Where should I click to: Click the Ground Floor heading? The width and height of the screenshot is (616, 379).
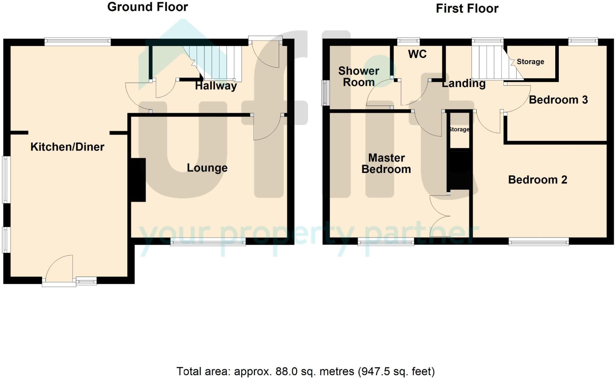(x=147, y=7)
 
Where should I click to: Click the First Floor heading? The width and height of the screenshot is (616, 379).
(x=467, y=8)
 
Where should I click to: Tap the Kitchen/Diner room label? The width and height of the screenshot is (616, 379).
(x=67, y=147)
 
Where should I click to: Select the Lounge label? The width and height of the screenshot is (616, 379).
(x=207, y=168)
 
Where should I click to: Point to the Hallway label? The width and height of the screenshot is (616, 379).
(x=216, y=86)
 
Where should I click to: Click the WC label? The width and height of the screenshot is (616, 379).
(x=417, y=54)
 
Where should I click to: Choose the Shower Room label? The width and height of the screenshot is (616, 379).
(x=359, y=76)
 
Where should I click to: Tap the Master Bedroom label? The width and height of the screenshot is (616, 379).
(x=386, y=163)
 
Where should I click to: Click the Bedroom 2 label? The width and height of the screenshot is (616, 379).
(x=537, y=180)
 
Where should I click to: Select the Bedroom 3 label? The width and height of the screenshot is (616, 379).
(x=558, y=100)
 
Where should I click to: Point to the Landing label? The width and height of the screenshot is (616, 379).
(x=464, y=84)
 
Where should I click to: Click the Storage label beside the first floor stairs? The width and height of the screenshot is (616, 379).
(x=530, y=62)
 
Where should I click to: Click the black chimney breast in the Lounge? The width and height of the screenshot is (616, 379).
(x=138, y=180)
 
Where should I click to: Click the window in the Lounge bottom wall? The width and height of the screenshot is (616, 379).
(x=208, y=242)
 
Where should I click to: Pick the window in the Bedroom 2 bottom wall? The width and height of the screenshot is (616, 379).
(x=538, y=242)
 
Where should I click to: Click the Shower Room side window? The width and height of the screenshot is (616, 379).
(x=325, y=93)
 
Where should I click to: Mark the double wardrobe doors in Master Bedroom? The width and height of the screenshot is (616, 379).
(x=439, y=216)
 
